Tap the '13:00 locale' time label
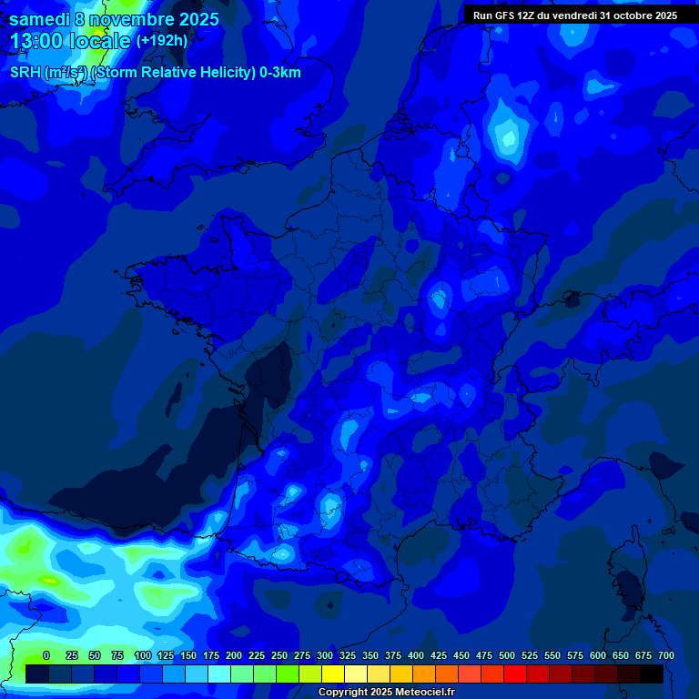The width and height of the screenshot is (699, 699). click(70, 41)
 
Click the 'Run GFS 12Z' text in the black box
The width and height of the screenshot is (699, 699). click(505, 15)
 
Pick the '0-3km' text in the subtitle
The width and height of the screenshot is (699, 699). click(280, 73)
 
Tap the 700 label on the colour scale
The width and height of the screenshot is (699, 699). click(666, 655)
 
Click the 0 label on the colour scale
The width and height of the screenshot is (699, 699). click(46, 655)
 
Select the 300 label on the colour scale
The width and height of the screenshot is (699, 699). click(325, 655)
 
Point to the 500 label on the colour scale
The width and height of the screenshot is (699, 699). click(507, 655)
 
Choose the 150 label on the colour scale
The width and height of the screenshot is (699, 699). click(188, 655)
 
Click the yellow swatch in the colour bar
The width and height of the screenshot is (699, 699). click(333, 674)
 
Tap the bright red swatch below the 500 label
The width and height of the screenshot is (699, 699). click(515, 674)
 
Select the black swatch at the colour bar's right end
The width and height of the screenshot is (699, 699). click(652, 674)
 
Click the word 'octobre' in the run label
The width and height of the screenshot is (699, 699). click(627, 15)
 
